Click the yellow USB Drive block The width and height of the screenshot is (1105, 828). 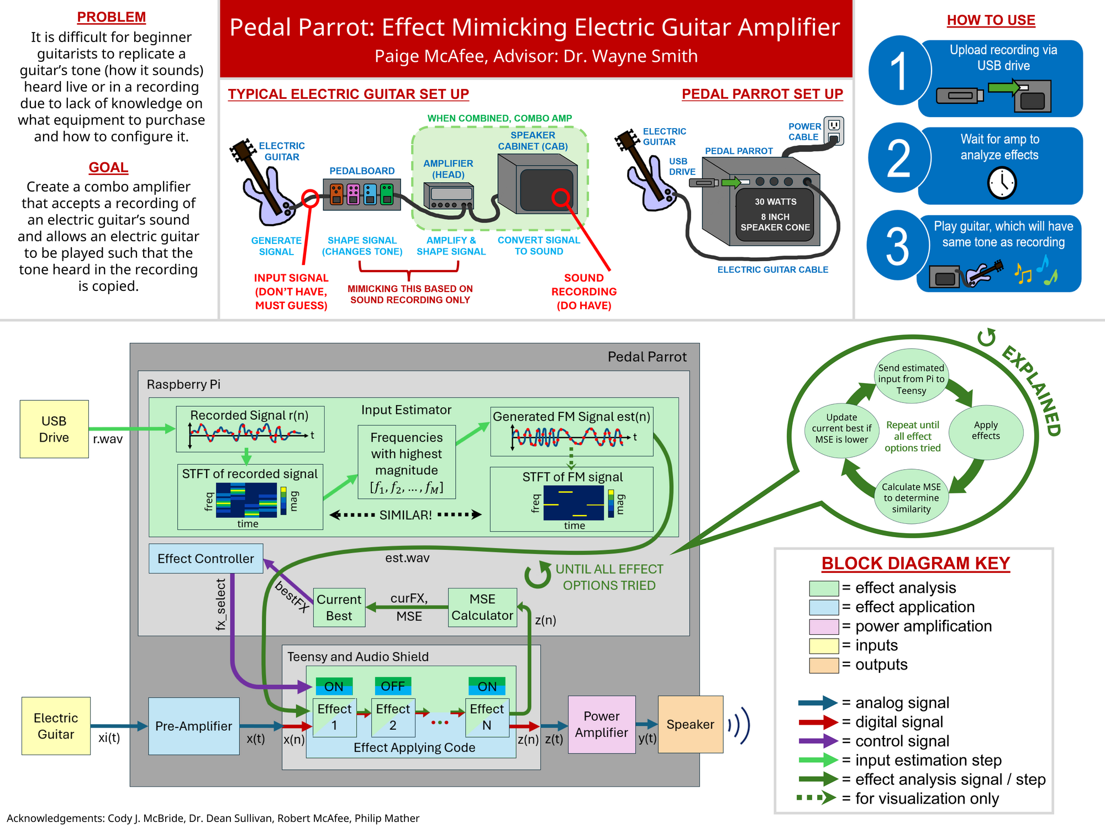click(x=54, y=429)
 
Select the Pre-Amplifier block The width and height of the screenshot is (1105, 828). click(x=194, y=726)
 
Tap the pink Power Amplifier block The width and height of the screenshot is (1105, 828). click(x=602, y=724)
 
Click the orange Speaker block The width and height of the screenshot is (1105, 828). click(x=691, y=724)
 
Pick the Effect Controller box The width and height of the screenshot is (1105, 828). click(x=206, y=559)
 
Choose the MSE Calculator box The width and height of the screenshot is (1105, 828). click(x=482, y=607)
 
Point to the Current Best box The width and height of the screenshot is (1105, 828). click(x=339, y=607)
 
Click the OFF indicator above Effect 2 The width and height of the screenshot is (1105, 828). click(x=393, y=686)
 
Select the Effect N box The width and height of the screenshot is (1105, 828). click(x=487, y=717)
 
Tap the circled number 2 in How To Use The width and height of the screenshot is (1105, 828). click(x=899, y=158)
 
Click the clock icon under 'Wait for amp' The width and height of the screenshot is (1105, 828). click(x=1002, y=183)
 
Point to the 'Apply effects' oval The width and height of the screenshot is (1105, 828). click(x=986, y=431)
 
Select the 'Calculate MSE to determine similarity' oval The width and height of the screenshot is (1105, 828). click(x=911, y=497)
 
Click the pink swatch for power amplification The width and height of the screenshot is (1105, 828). click(x=824, y=627)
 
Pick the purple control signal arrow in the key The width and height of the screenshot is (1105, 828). click(x=818, y=741)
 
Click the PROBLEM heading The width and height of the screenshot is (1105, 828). click(x=111, y=17)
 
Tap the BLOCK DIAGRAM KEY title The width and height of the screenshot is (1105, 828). click(x=915, y=563)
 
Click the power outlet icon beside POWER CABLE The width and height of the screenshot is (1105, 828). click(x=834, y=131)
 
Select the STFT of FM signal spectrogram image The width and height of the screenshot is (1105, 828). click(x=573, y=503)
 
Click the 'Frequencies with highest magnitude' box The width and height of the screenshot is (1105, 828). click(x=407, y=462)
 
